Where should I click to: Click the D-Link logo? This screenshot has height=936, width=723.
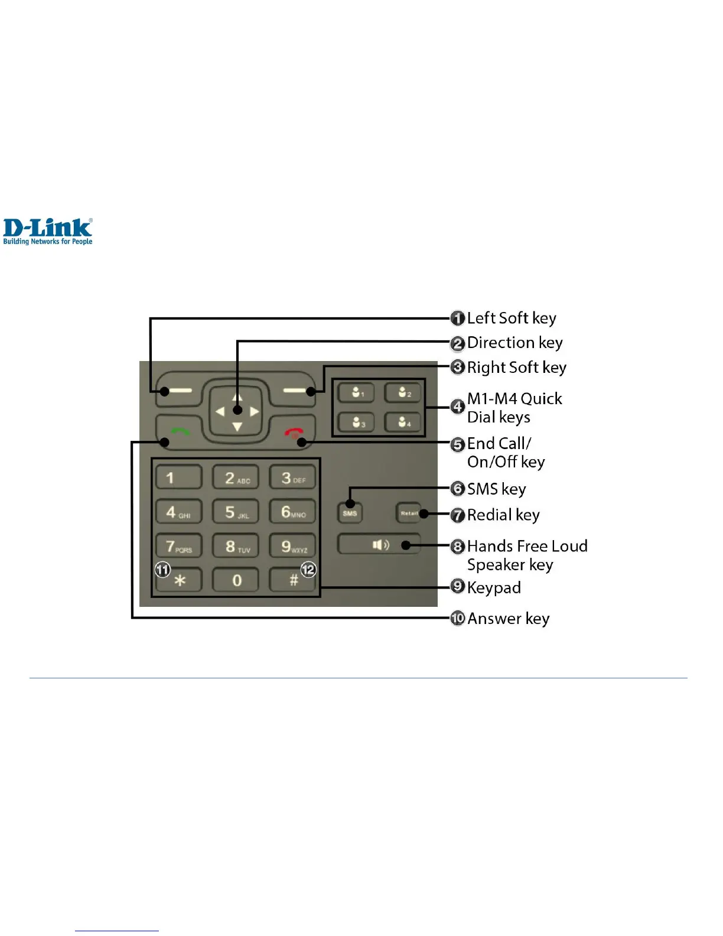pyautogui.click(x=48, y=231)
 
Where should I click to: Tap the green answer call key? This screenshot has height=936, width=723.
pyautogui.click(x=177, y=432)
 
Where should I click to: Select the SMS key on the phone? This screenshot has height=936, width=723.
pyautogui.click(x=350, y=513)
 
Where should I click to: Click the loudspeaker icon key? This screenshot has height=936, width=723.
pyautogui.click(x=379, y=544)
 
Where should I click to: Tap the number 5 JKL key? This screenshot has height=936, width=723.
pyautogui.click(x=236, y=512)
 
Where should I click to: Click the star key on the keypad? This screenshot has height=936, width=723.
pyautogui.click(x=180, y=580)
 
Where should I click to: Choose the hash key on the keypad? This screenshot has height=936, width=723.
pyautogui.click(x=294, y=580)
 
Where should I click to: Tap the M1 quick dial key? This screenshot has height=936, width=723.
pyautogui.click(x=356, y=392)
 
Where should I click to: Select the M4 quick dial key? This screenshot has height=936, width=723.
pyautogui.click(x=403, y=422)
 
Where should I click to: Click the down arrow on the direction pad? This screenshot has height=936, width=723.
pyautogui.click(x=237, y=427)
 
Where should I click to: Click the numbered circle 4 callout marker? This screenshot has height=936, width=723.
pyautogui.click(x=457, y=407)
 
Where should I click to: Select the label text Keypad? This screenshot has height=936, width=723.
pyautogui.click(x=494, y=587)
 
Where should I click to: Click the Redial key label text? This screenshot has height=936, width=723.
pyautogui.click(x=503, y=515)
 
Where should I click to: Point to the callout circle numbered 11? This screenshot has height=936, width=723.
pyautogui.click(x=162, y=570)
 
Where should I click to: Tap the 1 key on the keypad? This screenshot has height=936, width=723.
pyautogui.click(x=178, y=477)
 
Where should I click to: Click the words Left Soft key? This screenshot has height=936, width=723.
pyautogui.click(x=512, y=318)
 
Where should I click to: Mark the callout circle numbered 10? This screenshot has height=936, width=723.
pyautogui.click(x=458, y=619)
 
